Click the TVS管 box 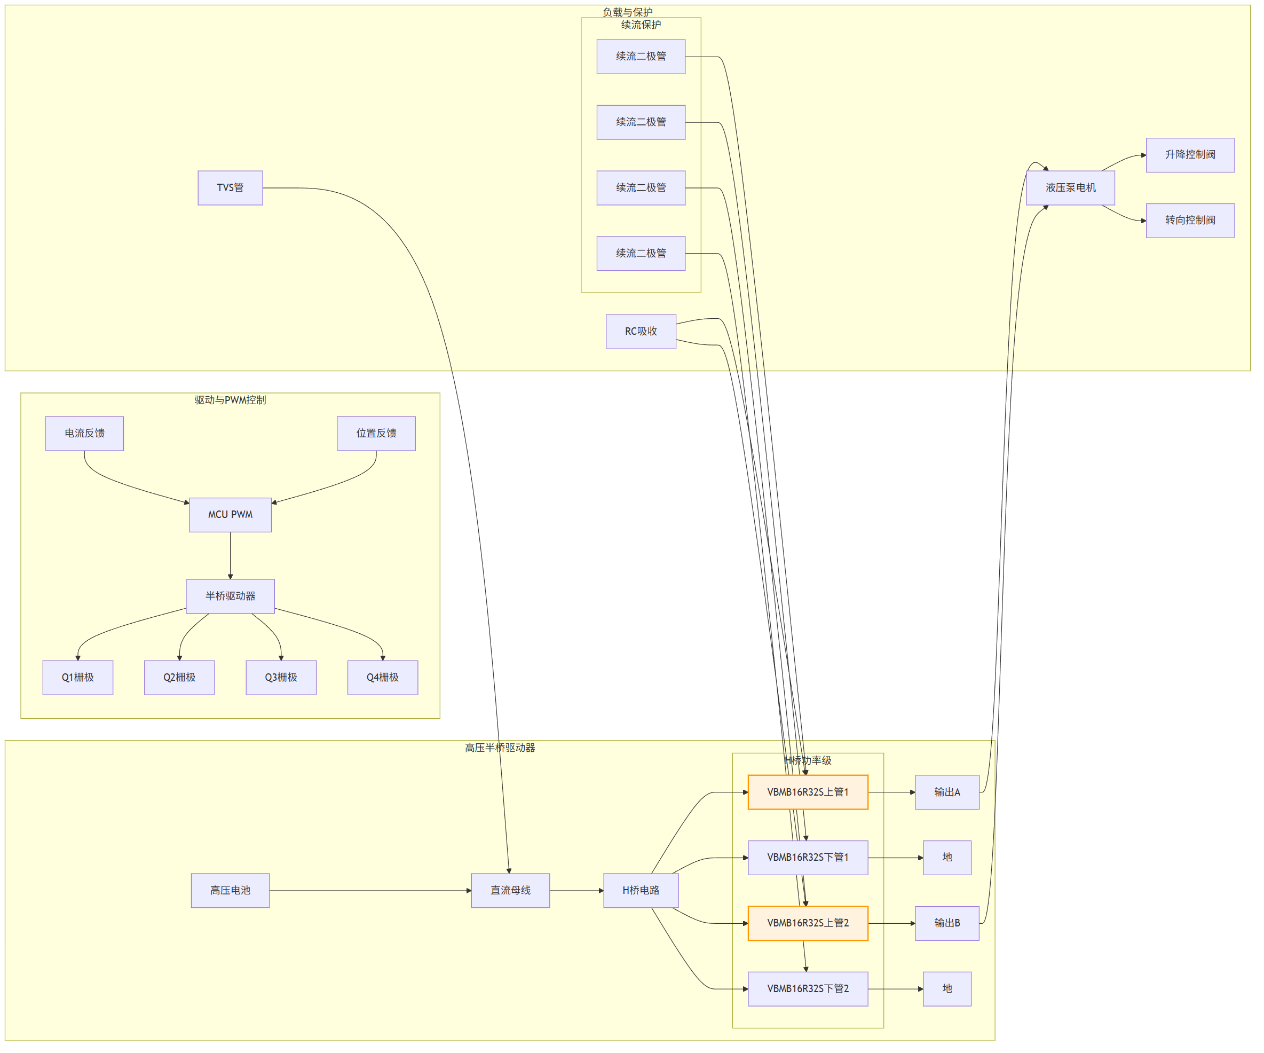(230, 188)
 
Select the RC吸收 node (641, 332)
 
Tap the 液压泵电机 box (1070, 188)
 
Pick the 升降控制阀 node (1190, 155)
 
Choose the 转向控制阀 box (1190, 221)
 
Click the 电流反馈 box (84, 434)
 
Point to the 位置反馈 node (376, 434)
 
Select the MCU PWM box (230, 515)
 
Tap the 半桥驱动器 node (230, 596)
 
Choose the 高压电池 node (230, 891)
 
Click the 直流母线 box (510, 891)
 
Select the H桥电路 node (641, 891)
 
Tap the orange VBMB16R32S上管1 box (808, 792)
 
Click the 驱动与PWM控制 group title (230, 400)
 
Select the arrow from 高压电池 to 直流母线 (370, 891)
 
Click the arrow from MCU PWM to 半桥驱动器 (230, 555)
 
